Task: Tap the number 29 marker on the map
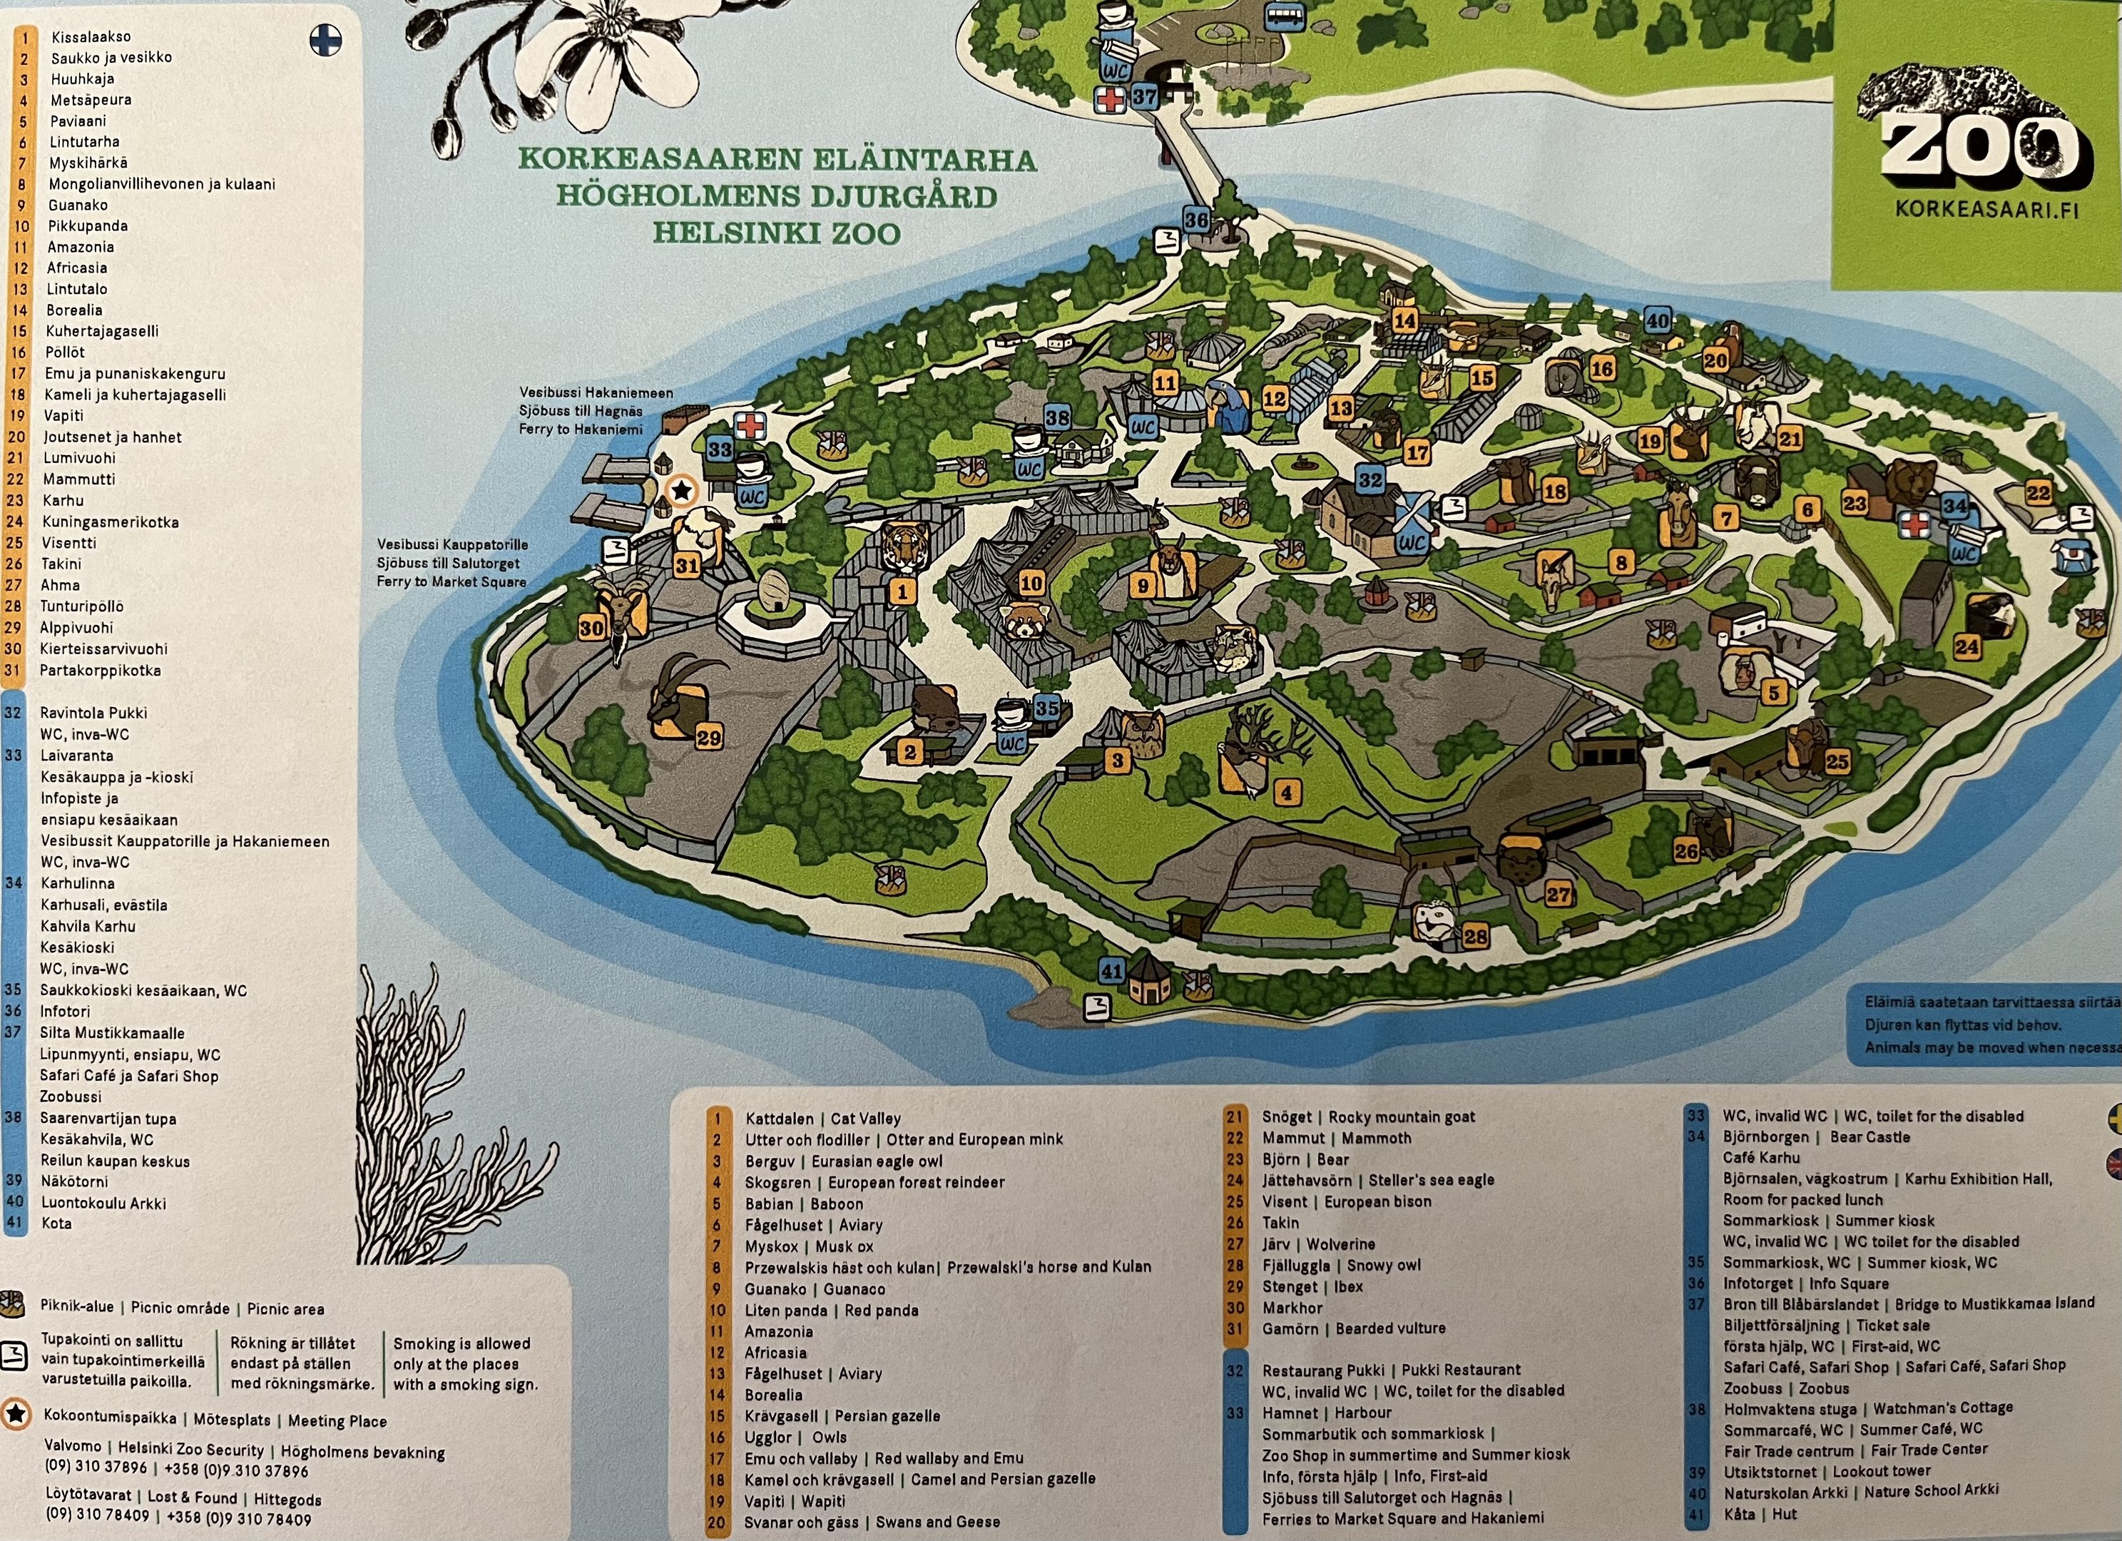pyautogui.click(x=709, y=738)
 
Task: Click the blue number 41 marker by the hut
pyautogui.click(x=1111, y=971)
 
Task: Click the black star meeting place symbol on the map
pyautogui.click(x=682, y=489)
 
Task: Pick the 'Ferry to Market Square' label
pyautogui.click(x=452, y=582)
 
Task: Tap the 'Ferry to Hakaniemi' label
pyautogui.click(x=581, y=429)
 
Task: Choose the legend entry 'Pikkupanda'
pyautogui.click(x=88, y=225)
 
